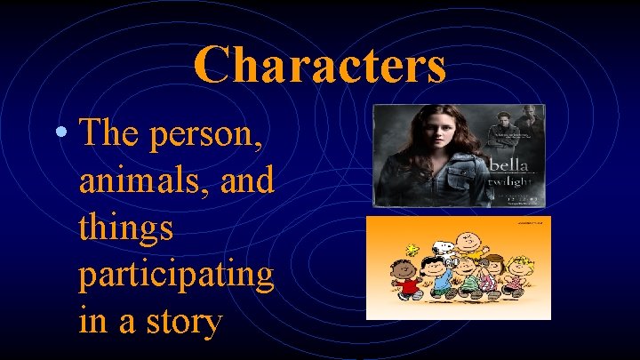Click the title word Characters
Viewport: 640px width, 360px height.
pos(319,65)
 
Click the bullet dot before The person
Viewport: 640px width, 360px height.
pos(58,133)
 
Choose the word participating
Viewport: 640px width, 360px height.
pos(176,276)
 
